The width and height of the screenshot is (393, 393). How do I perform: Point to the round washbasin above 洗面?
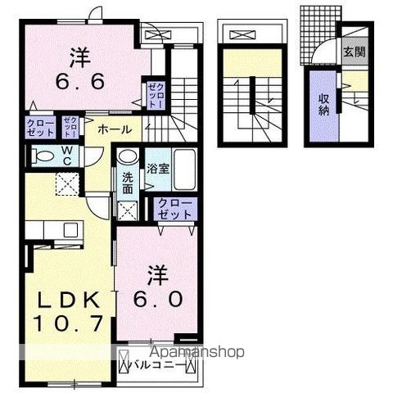pyautogui.click(x=128, y=158)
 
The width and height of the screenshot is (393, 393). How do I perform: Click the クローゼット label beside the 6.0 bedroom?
pyautogui.click(x=174, y=207)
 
